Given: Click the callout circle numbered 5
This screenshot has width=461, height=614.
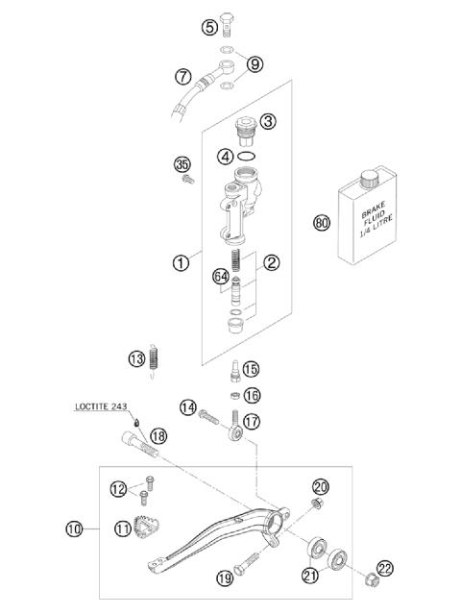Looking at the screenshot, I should [x=209, y=27].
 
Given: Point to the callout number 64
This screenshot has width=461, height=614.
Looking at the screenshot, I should [x=221, y=277].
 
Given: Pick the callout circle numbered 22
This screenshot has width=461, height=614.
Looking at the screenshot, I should [x=385, y=570].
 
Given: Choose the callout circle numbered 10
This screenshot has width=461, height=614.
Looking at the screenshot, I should [x=75, y=528].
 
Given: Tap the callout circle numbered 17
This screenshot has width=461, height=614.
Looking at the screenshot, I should [x=252, y=421].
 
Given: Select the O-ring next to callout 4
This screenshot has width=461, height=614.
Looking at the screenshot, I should [x=248, y=156].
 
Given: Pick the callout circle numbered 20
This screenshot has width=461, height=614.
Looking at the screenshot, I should [x=321, y=488].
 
